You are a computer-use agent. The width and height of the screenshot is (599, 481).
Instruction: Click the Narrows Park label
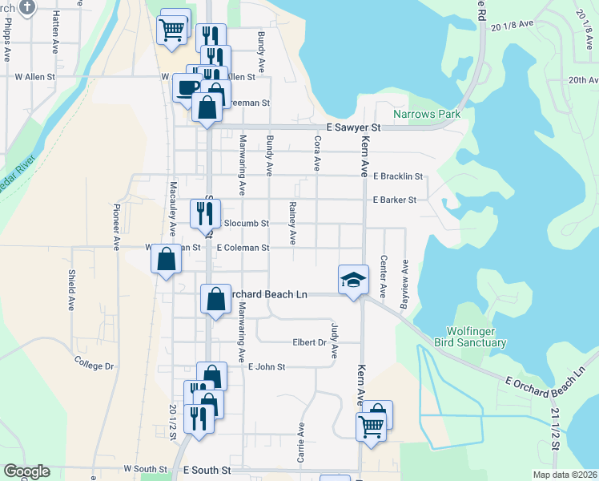coord(426,115)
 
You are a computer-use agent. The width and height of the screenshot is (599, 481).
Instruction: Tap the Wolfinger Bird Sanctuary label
coord(476,337)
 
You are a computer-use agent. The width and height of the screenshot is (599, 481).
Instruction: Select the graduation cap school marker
coord(353,281)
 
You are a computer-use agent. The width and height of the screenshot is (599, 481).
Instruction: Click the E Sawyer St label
coord(353,128)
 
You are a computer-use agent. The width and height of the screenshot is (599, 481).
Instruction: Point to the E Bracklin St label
coord(398,176)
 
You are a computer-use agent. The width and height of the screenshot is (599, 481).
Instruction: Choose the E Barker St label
coord(395,200)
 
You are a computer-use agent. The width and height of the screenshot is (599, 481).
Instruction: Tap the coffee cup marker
coord(187,87)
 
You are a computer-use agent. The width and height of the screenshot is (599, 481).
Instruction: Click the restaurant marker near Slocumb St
coord(204,213)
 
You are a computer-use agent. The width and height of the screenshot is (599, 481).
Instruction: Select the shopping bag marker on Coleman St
coord(166,260)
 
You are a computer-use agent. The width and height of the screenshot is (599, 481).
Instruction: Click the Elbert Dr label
coord(309,342)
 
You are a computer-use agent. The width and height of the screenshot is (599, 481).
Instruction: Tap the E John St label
coord(267,366)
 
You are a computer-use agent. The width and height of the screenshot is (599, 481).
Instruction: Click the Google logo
coord(26,471)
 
